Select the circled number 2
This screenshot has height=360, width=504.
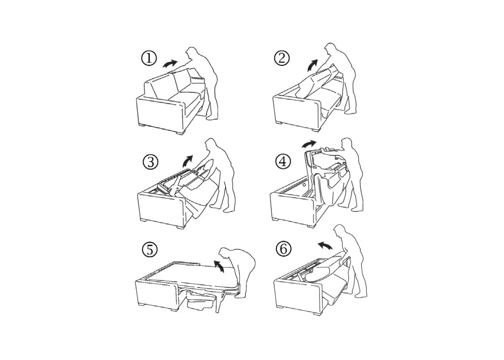[282, 58]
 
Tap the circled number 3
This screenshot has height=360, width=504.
[150, 162]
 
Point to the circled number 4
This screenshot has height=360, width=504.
[283, 161]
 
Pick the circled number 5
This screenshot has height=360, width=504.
[150, 250]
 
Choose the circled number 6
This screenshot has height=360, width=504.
[283, 249]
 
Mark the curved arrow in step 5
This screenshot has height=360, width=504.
[218, 265]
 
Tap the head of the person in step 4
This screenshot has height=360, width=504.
[347, 143]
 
